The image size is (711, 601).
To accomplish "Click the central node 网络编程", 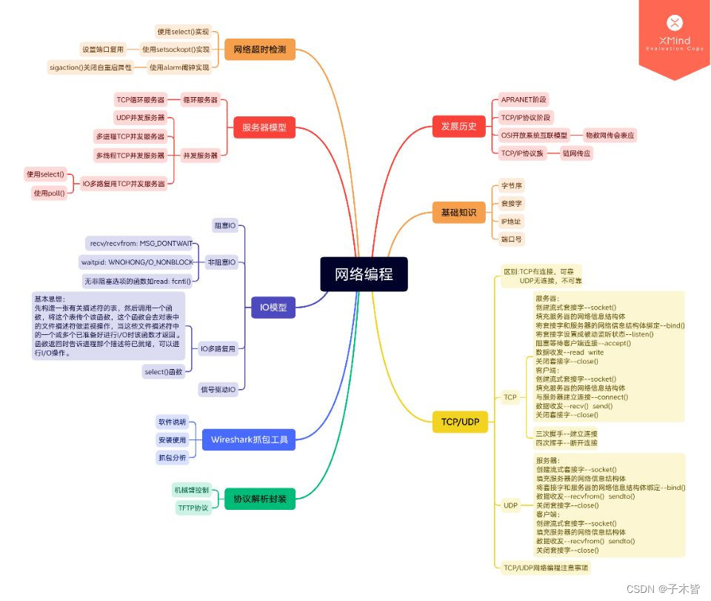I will pyautogui.click(x=364, y=274).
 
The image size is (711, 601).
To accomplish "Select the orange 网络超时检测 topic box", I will pyautogui.click(x=259, y=50).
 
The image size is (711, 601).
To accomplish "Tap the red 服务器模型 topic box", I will pyautogui.click(x=264, y=127).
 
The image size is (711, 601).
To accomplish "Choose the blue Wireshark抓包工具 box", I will pyautogui.click(x=248, y=439).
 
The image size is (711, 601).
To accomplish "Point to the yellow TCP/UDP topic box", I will pyautogui.click(x=460, y=422).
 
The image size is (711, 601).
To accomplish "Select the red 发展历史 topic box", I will pyautogui.click(x=458, y=126).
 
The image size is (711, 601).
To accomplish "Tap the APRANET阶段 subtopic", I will pyautogui.click(x=524, y=99).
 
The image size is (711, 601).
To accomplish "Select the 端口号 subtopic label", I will pyautogui.click(x=511, y=239).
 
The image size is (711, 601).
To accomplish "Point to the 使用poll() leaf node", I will pyautogui.click(x=49, y=193).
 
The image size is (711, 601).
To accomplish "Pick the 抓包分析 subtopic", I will pyautogui.click(x=172, y=457).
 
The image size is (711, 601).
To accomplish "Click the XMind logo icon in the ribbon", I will pyautogui.click(x=674, y=22).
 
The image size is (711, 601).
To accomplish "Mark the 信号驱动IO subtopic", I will pyautogui.click(x=218, y=389).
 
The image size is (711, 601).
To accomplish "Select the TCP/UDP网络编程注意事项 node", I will pyautogui.click(x=546, y=568).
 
